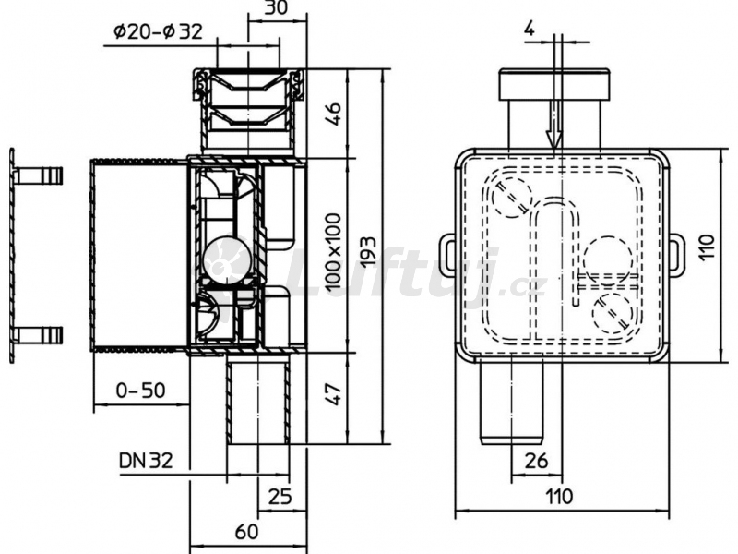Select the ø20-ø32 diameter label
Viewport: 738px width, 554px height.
(158, 31)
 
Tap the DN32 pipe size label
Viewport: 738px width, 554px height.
(146, 460)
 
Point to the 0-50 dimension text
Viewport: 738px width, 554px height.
(141, 390)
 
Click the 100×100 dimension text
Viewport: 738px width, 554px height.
(333, 251)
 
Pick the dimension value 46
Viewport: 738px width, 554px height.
(333, 114)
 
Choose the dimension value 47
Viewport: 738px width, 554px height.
(333, 394)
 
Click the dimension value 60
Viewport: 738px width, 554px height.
(246, 532)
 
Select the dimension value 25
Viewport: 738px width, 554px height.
(280, 496)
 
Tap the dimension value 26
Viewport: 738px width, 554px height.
(536, 460)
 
